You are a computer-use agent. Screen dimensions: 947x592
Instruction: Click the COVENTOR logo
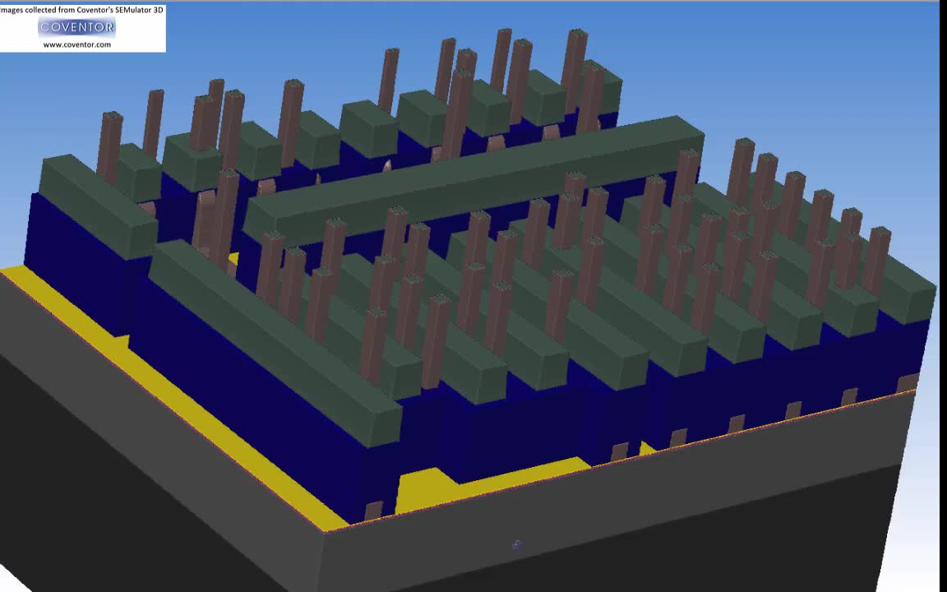click(x=76, y=26)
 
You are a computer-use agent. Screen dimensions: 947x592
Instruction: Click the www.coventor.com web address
click(x=76, y=44)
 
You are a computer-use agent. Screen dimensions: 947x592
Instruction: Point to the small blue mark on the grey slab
click(x=517, y=545)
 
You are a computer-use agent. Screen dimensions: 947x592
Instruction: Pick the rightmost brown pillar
click(x=875, y=261)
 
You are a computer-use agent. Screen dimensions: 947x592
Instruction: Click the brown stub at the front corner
click(x=373, y=511)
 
